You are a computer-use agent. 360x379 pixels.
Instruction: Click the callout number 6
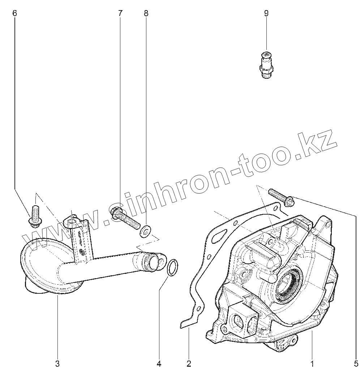pos(14,14)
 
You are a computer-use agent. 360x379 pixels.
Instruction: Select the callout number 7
pos(120,14)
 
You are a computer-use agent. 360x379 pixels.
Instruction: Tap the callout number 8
pos(146,14)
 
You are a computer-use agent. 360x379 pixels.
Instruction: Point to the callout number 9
pos(266,14)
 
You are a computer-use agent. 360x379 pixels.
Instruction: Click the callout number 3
pos(57,363)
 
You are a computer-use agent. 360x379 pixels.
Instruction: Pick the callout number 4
pos(159,363)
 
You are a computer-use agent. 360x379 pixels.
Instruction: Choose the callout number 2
pos(188,363)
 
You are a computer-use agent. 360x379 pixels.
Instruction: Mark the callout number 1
pos(312,363)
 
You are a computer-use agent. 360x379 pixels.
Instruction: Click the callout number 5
pos(356,363)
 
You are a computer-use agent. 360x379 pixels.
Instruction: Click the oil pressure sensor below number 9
pos(266,65)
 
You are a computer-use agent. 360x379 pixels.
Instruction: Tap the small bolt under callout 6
pos(35,216)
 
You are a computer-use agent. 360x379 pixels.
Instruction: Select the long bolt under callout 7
pos(125,217)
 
